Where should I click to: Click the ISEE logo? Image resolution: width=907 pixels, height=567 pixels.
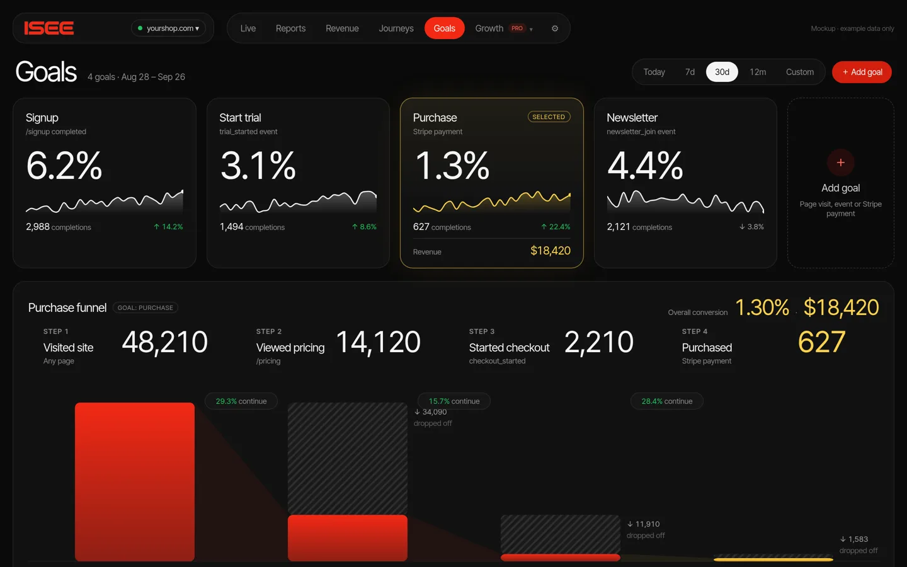(x=49, y=28)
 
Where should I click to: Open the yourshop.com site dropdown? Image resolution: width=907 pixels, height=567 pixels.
(x=168, y=28)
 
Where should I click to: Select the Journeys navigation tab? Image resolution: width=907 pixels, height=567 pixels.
(x=396, y=28)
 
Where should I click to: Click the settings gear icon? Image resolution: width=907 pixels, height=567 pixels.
(x=555, y=28)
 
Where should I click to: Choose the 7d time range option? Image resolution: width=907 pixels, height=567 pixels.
(x=690, y=72)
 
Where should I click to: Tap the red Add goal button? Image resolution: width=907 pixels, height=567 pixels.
(x=862, y=72)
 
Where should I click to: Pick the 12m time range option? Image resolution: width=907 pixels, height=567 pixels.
(x=758, y=72)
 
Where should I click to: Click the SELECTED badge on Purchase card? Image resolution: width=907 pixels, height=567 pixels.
(x=549, y=117)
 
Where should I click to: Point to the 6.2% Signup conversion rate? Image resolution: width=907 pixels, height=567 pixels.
(x=64, y=165)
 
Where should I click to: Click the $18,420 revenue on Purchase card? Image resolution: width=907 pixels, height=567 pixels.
(x=550, y=251)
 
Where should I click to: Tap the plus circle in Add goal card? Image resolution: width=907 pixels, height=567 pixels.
(x=841, y=163)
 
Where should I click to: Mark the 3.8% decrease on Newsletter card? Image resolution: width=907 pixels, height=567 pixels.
(x=751, y=227)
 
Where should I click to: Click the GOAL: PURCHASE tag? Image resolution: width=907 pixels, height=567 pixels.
(x=145, y=308)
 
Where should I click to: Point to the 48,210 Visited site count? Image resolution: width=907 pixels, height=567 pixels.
(x=164, y=342)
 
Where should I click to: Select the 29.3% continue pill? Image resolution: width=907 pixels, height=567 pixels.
(x=241, y=401)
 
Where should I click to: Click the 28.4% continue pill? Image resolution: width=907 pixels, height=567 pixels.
(x=666, y=401)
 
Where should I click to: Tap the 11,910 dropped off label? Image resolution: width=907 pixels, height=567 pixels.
(x=646, y=529)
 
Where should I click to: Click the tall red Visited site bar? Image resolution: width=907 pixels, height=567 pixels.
(x=135, y=481)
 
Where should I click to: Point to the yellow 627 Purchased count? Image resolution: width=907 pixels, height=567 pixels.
(x=821, y=342)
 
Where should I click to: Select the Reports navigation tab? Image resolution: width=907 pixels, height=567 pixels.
(x=290, y=28)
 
